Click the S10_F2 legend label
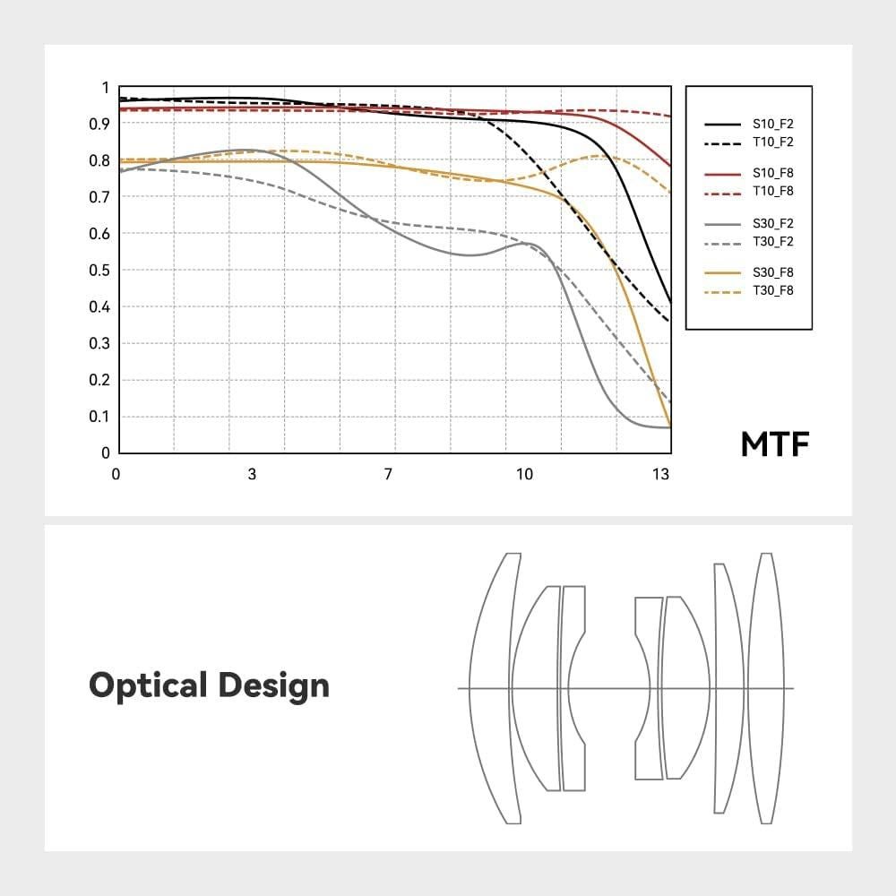773,125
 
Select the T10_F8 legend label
773,191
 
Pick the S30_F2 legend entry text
773,224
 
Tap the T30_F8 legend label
773,290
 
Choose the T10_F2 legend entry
773,142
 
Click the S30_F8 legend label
773,272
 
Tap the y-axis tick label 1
105,88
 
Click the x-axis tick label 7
388,475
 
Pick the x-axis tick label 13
660,475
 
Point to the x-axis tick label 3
252,475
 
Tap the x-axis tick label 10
524,475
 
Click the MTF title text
775,444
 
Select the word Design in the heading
273,686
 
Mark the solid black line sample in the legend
723,125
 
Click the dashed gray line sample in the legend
723,241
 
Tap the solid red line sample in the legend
723,174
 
